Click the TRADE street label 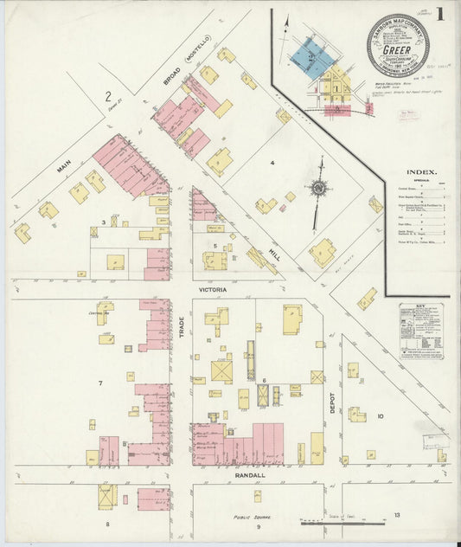click(x=182, y=325)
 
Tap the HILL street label click(x=274, y=254)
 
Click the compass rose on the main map click(x=319, y=188)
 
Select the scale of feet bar click(x=343, y=522)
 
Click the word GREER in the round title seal click(x=396, y=50)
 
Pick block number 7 click(x=100, y=383)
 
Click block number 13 click(x=396, y=516)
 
